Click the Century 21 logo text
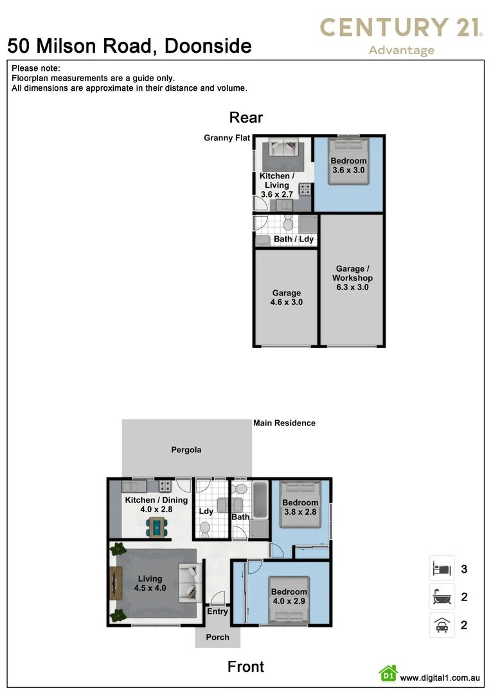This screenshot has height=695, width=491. tap(402, 28)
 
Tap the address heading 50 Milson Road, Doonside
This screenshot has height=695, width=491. tap(129, 46)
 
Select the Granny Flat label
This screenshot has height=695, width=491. tap(227, 138)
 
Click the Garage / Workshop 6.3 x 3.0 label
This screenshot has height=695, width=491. tap(352, 278)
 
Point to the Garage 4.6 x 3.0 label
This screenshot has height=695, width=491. tap(287, 297)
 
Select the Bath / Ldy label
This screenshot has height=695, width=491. tap(294, 239)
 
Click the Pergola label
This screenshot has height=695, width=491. tap(186, 450)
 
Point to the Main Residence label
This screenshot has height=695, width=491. tap(284, 423)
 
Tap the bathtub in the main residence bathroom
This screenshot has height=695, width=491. tap(260, 501)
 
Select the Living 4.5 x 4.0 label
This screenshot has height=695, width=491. tap(149, 583)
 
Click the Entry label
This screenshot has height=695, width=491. tap(217, 611)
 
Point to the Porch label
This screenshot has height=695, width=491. tap(217, 637)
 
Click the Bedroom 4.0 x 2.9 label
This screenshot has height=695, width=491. tap(289, 597)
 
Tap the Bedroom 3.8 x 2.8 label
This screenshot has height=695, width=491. tap(300, 507)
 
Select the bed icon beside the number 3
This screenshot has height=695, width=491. tap(442, 569)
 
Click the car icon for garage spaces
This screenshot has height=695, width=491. tap(442, 625)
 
